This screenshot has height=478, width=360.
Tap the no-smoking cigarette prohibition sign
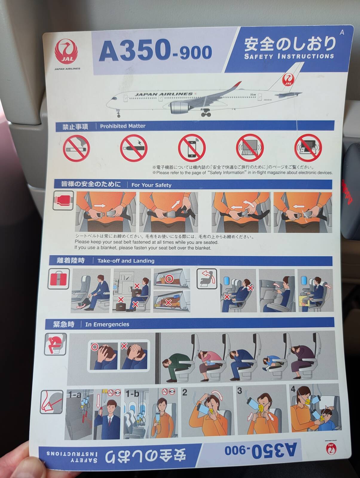coord(76,148)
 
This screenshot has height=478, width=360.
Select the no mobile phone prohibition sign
coord(192,148)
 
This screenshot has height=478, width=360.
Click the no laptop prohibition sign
coord(250,148)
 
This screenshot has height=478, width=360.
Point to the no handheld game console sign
coord(308,148)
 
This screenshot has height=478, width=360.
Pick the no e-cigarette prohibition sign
coord(134,148)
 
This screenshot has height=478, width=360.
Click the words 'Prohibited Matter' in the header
coord(122,126)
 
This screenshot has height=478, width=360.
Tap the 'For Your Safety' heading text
coord(151,185)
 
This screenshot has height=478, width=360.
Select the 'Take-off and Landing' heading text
coord(126,261)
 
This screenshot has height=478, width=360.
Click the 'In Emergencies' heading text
coord(107,324)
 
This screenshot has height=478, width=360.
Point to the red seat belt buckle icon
coord(63,200)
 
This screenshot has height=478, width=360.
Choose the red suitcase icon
coord(59,279)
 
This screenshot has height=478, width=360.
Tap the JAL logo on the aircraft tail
coord(288,79)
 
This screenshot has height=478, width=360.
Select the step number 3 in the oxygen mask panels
coord(240,391)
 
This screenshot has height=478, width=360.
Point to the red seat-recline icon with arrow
coord(207,279)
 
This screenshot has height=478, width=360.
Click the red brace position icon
coord(55,344)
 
